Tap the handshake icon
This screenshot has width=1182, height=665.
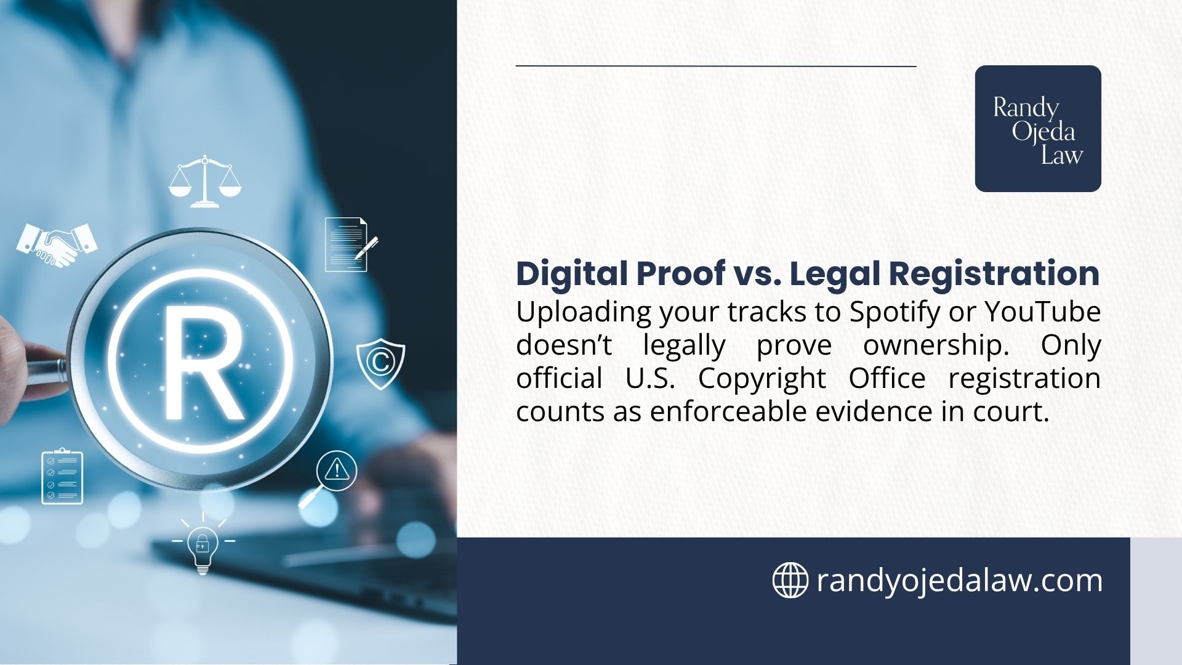(57, 244)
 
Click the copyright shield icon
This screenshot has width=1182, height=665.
(380, 363)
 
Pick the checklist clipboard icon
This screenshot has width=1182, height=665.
(62, 477)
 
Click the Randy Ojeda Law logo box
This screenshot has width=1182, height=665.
(1037, 129)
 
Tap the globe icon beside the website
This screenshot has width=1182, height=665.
(790, 580)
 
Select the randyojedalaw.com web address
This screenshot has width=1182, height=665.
(959, 581)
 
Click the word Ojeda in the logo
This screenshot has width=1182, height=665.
(1043, 132)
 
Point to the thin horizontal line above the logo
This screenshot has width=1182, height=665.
(715, 66)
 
